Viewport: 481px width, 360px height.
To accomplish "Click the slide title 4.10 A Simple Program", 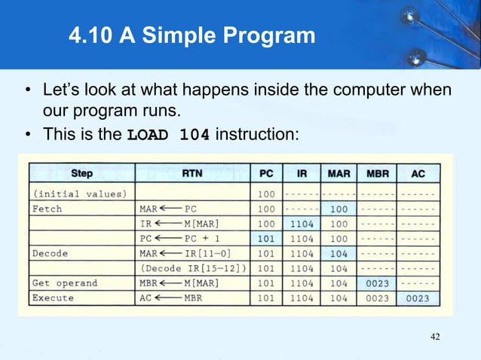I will pos(191,35).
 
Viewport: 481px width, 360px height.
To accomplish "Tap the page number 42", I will pos(435,336).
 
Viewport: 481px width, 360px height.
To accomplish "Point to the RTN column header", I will pos(192,174).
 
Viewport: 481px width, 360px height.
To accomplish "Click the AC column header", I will pos(417,174).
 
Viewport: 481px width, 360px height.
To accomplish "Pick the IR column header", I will pos(301,174).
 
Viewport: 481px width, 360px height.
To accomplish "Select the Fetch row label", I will pos(47,208).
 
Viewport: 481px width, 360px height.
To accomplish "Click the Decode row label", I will pos(50,253).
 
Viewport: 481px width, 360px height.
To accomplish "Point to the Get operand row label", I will pos(65,283).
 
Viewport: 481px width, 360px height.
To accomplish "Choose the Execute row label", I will pos(53,298).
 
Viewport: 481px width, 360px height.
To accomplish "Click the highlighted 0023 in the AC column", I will pos(417,298).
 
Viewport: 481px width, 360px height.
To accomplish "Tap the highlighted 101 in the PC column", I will pos(266,238).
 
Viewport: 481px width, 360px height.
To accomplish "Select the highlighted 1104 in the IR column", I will pos(301,223).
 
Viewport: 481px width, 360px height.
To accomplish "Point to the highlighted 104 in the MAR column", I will pos(339,253).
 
